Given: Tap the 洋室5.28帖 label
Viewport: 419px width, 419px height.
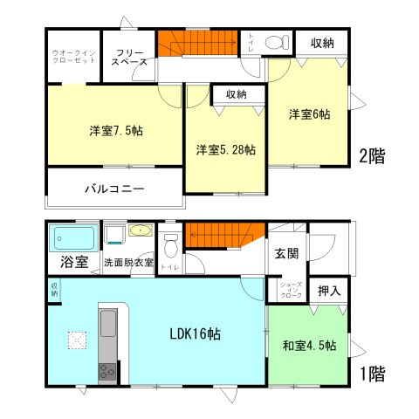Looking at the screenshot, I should (225, 149).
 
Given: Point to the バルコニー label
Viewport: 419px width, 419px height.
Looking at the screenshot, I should (114, 189).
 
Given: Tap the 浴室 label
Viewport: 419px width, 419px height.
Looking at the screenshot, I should (73, 262).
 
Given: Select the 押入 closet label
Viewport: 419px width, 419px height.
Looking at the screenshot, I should (329, 291).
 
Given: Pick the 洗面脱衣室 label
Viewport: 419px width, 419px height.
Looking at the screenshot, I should (127, 262).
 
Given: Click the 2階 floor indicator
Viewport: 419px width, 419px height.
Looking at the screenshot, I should (371, 157).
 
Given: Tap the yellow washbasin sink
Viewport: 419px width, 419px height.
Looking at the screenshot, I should (140, 231).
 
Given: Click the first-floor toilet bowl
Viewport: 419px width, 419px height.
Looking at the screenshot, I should (171, 240).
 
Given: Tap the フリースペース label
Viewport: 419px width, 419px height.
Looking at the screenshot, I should (129, 58).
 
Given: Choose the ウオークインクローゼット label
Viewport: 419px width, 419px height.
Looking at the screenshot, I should (73, 58).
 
